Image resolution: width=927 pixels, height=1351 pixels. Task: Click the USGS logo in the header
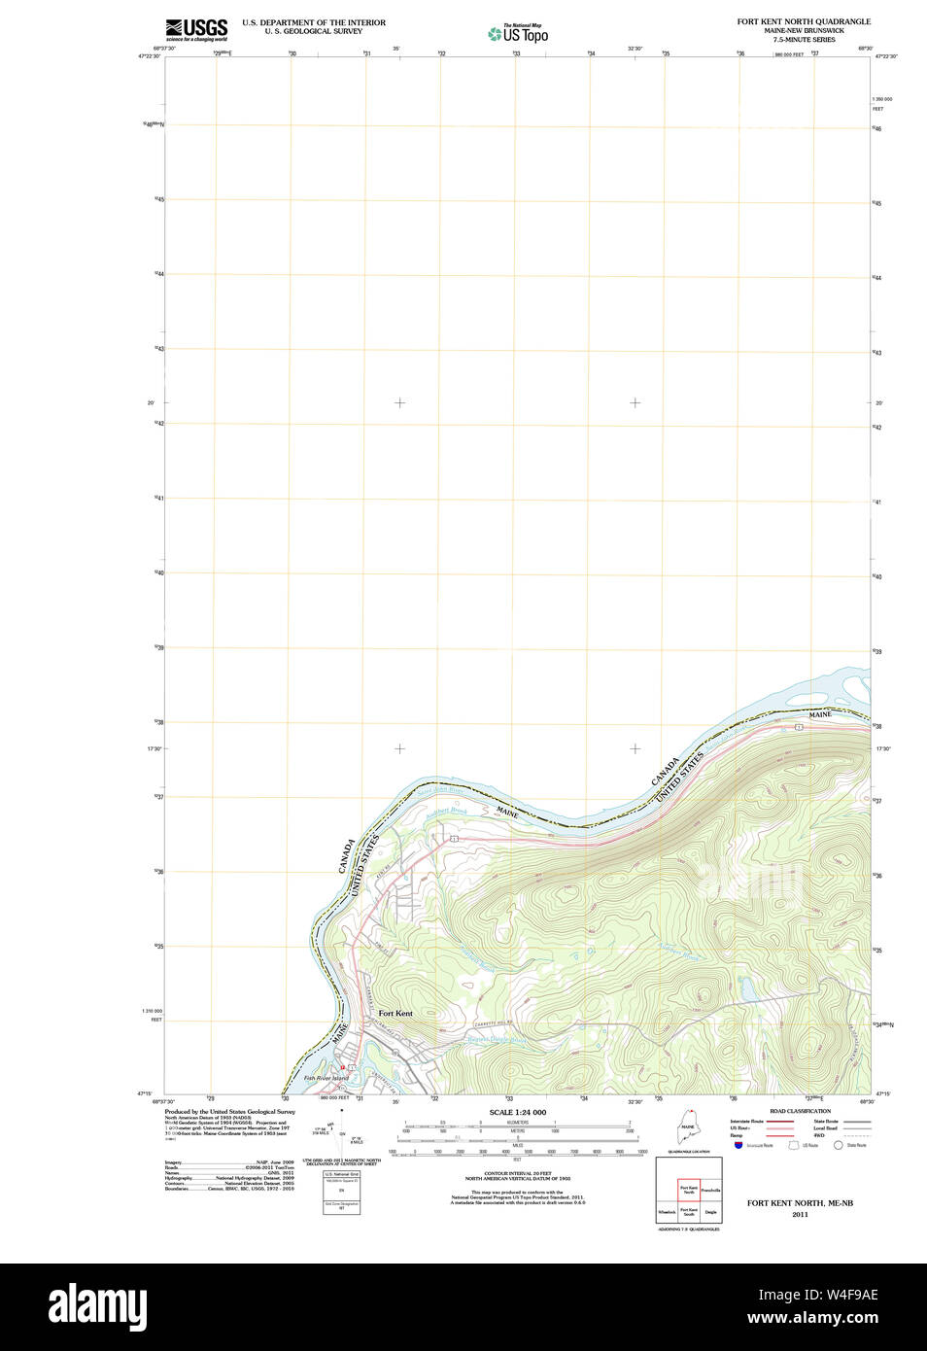coord(196,29)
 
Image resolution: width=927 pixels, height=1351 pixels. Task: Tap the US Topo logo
coord(518,34)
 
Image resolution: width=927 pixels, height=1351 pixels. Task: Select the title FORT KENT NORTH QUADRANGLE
coord(804,21)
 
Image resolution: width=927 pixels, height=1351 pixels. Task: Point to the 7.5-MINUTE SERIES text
coord(804,40)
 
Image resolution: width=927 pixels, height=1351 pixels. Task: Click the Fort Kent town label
coord(395,1014)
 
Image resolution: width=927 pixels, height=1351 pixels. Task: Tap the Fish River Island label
coord(326,1078)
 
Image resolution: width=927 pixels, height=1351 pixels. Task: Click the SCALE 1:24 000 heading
coord(517,1112)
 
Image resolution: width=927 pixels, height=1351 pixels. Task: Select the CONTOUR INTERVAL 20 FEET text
coord(517,1174)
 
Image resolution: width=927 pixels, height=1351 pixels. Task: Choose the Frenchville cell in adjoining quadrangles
coord(711,1190)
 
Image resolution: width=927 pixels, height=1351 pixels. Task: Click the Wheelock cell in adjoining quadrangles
coord(667,1212)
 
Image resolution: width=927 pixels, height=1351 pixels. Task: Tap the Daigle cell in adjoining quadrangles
coord(711,1212)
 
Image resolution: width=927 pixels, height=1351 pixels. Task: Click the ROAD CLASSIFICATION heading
coord(800,1111)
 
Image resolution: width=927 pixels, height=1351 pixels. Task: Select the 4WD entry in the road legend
coord(819,1135)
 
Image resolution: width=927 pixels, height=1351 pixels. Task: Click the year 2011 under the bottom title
coord(800,1214)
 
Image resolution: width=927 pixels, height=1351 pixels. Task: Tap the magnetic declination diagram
coord(341,1132)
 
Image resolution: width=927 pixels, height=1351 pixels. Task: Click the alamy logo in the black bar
coord(97,1306)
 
